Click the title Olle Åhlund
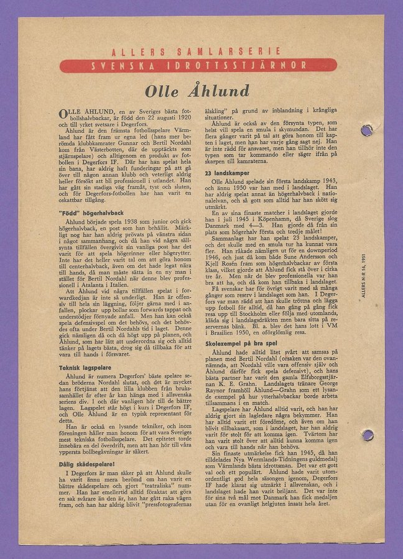(x=197, y=91)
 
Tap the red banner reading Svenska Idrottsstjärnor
(x=198, y=65)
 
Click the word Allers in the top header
(x=145, y=52)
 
